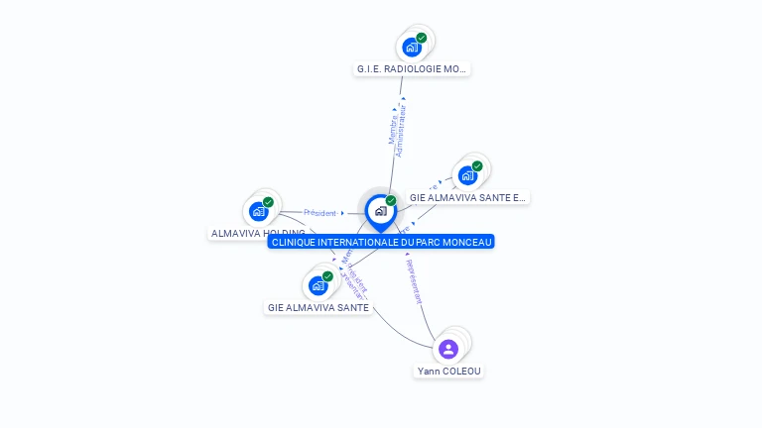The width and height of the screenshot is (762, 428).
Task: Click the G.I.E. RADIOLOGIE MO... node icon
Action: [x=412, y=48]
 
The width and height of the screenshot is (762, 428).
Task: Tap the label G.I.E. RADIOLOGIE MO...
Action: [x=412, y=69]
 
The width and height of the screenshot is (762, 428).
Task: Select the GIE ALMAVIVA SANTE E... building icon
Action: [x=467, y=175]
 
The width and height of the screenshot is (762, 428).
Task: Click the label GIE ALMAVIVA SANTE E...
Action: [x=467, y=198]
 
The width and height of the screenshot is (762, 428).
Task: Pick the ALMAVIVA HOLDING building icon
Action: [x=258, y=211]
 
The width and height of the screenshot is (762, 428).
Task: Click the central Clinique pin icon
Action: [x=380, y=211]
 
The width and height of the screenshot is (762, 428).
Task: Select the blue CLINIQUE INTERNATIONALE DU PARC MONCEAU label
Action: [x=381, y=242]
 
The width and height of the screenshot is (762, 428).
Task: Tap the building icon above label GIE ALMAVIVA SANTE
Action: [x=317, y=285]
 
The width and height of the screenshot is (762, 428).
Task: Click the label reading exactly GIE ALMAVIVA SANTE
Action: [x=318, y=308]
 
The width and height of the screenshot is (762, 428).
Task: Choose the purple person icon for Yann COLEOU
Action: [x=448, y=349]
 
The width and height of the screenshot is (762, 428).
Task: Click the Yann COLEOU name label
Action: [x=448, y=372]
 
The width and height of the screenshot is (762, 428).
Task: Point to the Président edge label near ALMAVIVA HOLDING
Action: [x=319, y=213]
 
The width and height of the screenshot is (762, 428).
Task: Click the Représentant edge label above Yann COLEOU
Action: [x=415, y=281]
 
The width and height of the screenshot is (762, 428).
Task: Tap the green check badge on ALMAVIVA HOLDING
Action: [x=268, y=202]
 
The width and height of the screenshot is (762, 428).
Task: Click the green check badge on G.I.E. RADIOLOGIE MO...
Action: [x=422, y=38]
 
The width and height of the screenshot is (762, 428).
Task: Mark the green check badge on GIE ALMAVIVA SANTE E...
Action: [x=477, y=166]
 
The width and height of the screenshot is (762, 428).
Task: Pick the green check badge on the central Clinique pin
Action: [x=391, y=201]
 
